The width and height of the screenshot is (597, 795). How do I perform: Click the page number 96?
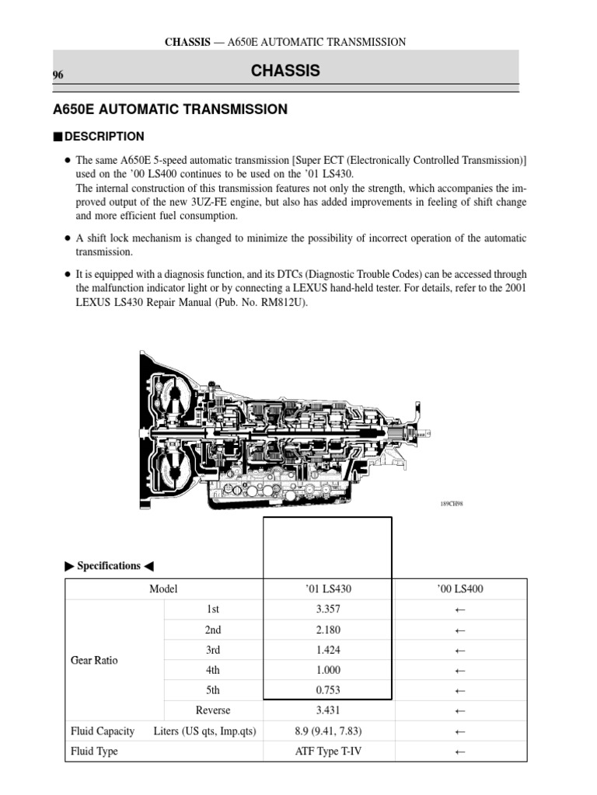coord(58,75)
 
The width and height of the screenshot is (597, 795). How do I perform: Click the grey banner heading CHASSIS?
coord(285,71)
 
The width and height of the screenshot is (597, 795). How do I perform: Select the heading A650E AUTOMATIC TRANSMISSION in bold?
coord(170,109)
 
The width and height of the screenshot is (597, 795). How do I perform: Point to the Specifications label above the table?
coord(108,566)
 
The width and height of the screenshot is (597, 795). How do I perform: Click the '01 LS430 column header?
coord(329,589)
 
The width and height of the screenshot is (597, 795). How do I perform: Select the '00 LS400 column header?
coord(459,589)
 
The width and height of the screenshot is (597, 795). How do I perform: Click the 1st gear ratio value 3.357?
coord(329,609)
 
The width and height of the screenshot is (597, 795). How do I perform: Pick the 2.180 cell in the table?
coord(329,630)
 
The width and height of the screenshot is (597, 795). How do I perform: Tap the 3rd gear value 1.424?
coord(329,650)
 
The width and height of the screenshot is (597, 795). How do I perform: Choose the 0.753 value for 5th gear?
coord(329,690)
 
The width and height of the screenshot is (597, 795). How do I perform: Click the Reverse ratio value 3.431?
coord(329,710)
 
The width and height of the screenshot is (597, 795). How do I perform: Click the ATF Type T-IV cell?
coord(329,751)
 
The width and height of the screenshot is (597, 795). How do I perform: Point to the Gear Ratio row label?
coord(94,661)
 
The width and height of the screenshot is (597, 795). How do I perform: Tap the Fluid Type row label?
coord(94,751)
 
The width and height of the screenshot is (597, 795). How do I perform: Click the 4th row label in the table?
coord(214,670)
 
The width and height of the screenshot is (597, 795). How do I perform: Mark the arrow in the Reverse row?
coord(459,710)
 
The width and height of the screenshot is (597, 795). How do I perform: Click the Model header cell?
coord(164,589)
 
